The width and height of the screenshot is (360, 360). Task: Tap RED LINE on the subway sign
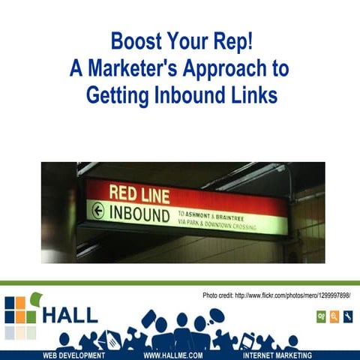(139, 193)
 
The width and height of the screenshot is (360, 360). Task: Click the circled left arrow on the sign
(97, 211)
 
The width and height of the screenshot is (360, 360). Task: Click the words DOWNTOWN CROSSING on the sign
(232, 225)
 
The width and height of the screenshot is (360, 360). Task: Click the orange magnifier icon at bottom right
(334, 317)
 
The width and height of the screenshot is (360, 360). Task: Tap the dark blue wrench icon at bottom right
(347, 317)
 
